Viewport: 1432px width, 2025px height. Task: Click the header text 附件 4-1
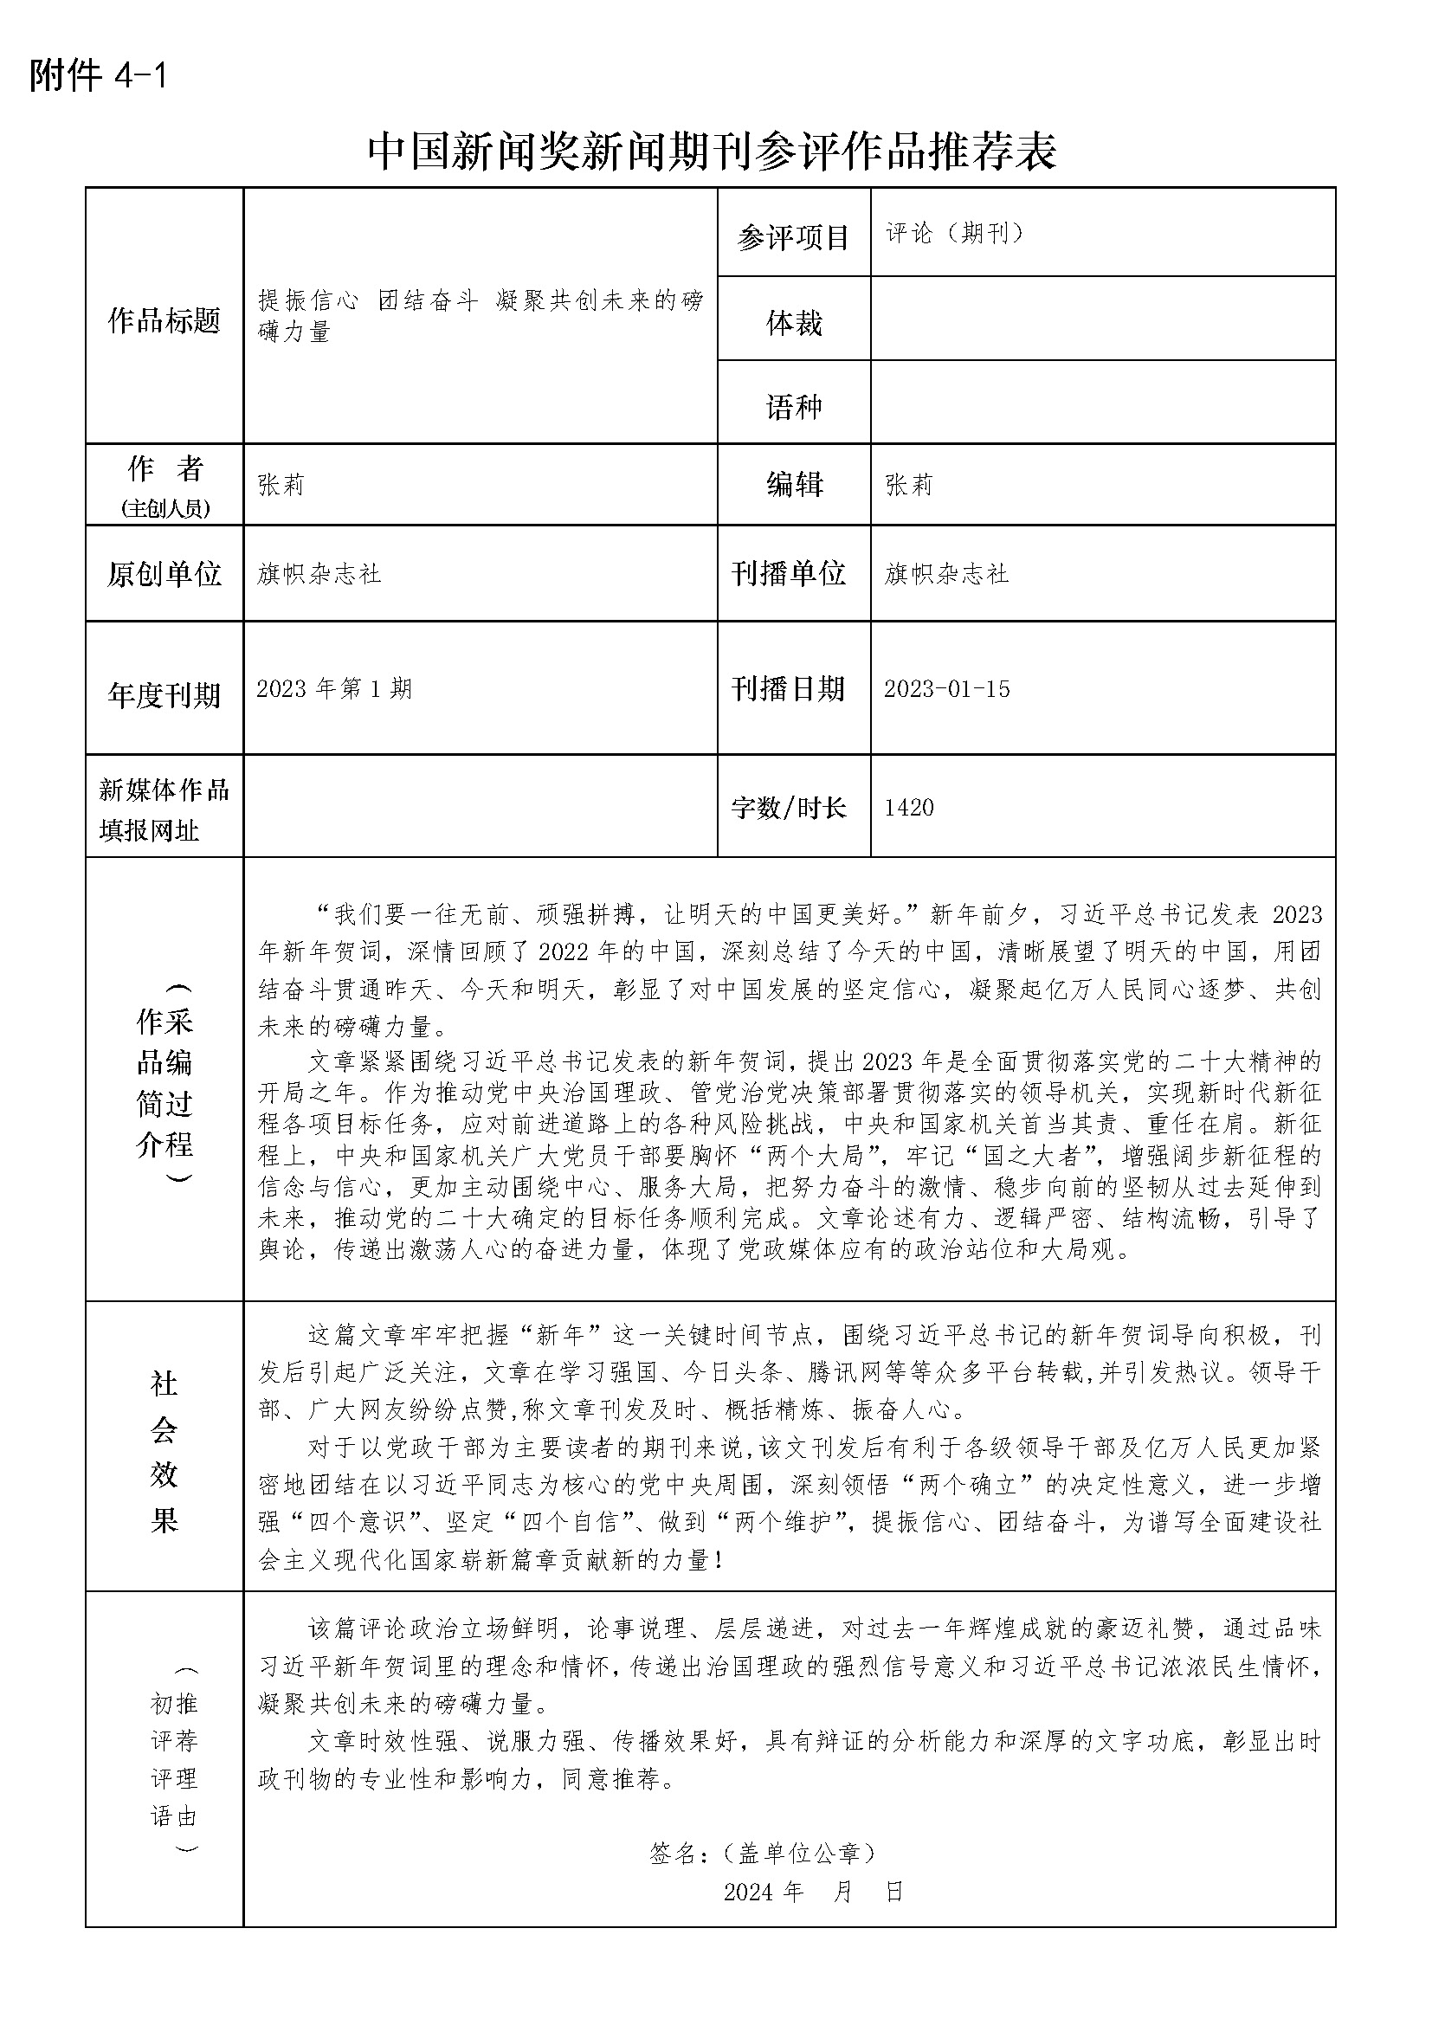[x=98, y=77]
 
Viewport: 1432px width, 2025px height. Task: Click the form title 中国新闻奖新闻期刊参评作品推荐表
[x=712, y=152]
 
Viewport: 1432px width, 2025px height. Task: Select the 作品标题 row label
[x=164, y=321]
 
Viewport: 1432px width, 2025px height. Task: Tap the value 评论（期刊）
[x=954, y=233]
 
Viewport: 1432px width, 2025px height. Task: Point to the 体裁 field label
[x=794, y=324]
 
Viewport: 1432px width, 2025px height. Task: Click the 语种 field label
[x=794, y=407]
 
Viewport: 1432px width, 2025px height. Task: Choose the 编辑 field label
[x=794, y=485]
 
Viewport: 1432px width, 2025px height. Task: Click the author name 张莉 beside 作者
[x=281, y=485]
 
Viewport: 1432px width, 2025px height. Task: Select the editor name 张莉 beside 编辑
[x=909, y=485]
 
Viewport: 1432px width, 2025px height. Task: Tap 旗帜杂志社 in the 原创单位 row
[x=319, y=575]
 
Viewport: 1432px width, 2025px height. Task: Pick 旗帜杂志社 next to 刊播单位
[x=946, y=575]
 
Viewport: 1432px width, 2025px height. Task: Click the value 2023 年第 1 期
[x=334, y=689]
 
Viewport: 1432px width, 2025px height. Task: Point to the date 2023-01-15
[x=947, y=689]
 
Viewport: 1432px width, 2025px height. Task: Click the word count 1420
[x=908, y=808]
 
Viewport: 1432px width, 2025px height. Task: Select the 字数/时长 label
[x=789, y=808]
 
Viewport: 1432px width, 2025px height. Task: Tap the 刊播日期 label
[x=789, y=689]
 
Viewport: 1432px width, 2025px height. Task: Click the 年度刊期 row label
[x=164, y=696]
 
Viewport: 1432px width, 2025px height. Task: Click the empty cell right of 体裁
[x=1102, y=319]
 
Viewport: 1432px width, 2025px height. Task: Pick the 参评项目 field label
[x=794, y=237]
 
